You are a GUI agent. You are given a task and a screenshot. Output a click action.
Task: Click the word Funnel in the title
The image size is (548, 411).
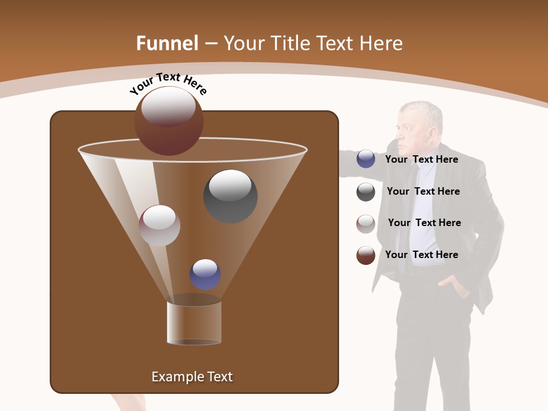[x=167, y=43]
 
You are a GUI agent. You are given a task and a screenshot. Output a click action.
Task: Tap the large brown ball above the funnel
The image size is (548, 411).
[x=168, y=120]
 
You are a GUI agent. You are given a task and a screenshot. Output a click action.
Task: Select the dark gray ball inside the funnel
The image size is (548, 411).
[x=231, y=196]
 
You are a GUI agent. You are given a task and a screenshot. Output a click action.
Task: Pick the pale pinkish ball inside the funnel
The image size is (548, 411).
[x=159, y=225]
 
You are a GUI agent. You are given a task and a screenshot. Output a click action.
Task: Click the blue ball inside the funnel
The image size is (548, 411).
[x=205, y=275]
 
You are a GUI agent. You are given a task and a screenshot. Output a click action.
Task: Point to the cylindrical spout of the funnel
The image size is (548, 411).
[x=194, y=323]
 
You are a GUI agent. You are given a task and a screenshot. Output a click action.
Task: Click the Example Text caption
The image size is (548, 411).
[x=192, y=377]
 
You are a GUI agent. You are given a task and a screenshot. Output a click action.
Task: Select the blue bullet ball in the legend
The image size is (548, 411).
[x=366, y=159]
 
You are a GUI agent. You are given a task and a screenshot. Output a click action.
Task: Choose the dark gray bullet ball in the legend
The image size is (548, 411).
[x=366, y=192]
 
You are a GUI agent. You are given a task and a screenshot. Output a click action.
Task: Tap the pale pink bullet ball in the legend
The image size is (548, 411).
[x=366, y=224]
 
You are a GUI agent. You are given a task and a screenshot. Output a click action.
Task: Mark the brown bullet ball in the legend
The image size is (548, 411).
[x=366, y=255]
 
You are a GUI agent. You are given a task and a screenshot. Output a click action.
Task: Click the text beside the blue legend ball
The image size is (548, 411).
[x=421, y=160]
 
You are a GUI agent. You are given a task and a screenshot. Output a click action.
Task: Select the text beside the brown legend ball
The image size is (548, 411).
[x=421, y=255]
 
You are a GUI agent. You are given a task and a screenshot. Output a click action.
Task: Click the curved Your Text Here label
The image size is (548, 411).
[x=168, y=83]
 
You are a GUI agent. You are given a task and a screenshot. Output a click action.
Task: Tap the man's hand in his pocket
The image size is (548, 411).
[x=451, y=281]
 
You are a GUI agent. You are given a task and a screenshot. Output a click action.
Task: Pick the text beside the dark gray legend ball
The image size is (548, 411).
[x=423, y=191]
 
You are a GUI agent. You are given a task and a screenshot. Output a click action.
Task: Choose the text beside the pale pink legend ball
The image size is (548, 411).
[x=424, y=223]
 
